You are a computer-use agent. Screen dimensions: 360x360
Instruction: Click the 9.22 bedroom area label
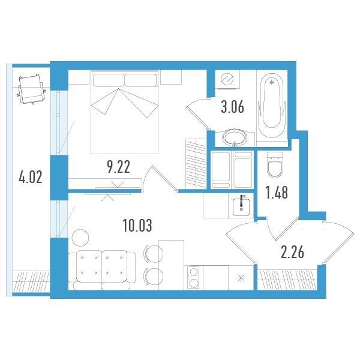(118, 167)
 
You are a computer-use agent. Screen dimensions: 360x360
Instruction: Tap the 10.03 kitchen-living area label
(137, 226)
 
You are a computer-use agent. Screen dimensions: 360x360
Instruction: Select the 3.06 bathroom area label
(232, 107)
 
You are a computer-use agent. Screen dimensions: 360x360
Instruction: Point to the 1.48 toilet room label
(277, 192)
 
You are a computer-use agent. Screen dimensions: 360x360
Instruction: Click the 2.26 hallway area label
(293, 252)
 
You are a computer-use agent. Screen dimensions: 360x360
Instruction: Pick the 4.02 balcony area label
(31, 177)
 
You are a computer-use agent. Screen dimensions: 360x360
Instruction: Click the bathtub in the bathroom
(272, 106)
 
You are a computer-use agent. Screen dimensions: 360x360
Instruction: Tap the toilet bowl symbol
(275, 164)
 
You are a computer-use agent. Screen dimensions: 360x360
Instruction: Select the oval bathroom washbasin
(235, 138)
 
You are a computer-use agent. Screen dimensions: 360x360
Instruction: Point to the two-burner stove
(193, 278)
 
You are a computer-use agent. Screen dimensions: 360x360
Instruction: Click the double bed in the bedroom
(124, 112)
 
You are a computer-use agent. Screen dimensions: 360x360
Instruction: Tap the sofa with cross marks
(102, 270)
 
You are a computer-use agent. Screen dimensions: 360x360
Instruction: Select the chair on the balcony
(31, 89)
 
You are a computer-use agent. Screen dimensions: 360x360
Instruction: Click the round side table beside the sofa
(80, 238)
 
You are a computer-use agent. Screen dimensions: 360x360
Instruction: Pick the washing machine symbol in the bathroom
(227, 79)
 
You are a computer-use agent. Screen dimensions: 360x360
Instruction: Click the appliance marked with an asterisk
(241, 278)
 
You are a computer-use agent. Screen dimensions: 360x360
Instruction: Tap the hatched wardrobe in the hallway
(287, 280)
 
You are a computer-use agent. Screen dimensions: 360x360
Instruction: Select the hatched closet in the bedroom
(196, 164)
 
